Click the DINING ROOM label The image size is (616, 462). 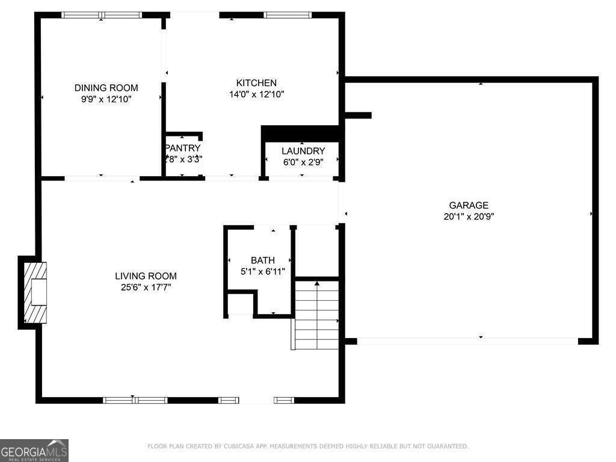pos(106,88)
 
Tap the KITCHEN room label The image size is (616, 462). pos(256,83)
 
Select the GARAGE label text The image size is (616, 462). pos(469,205)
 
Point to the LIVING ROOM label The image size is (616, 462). pos(146,276)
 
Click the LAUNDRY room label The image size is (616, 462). pos(303,151)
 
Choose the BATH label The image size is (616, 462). pos(263,260)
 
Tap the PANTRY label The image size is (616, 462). pos(183,148)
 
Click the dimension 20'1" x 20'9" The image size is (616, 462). pos(469,217)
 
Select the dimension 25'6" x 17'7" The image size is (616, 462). pos(146,288)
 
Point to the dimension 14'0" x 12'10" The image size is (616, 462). pos(256,94)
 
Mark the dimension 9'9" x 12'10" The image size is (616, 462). pos(106,99)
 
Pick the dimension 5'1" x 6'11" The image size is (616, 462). pos(263,271)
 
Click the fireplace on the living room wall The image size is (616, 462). pos(32,292)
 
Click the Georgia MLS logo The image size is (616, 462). pos(34,451)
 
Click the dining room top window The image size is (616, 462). pos(102,15)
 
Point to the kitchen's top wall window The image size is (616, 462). pos(288,15)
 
